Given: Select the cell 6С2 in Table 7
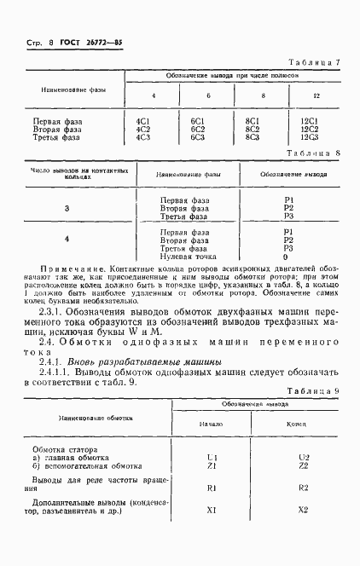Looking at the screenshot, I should click(x=197, y=129).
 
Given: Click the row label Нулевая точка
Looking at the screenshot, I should click(x=189, y=256).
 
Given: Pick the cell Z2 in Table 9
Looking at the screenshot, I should click(x=303, y=465).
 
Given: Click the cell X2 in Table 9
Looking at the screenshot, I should click(x=303, y=510).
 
